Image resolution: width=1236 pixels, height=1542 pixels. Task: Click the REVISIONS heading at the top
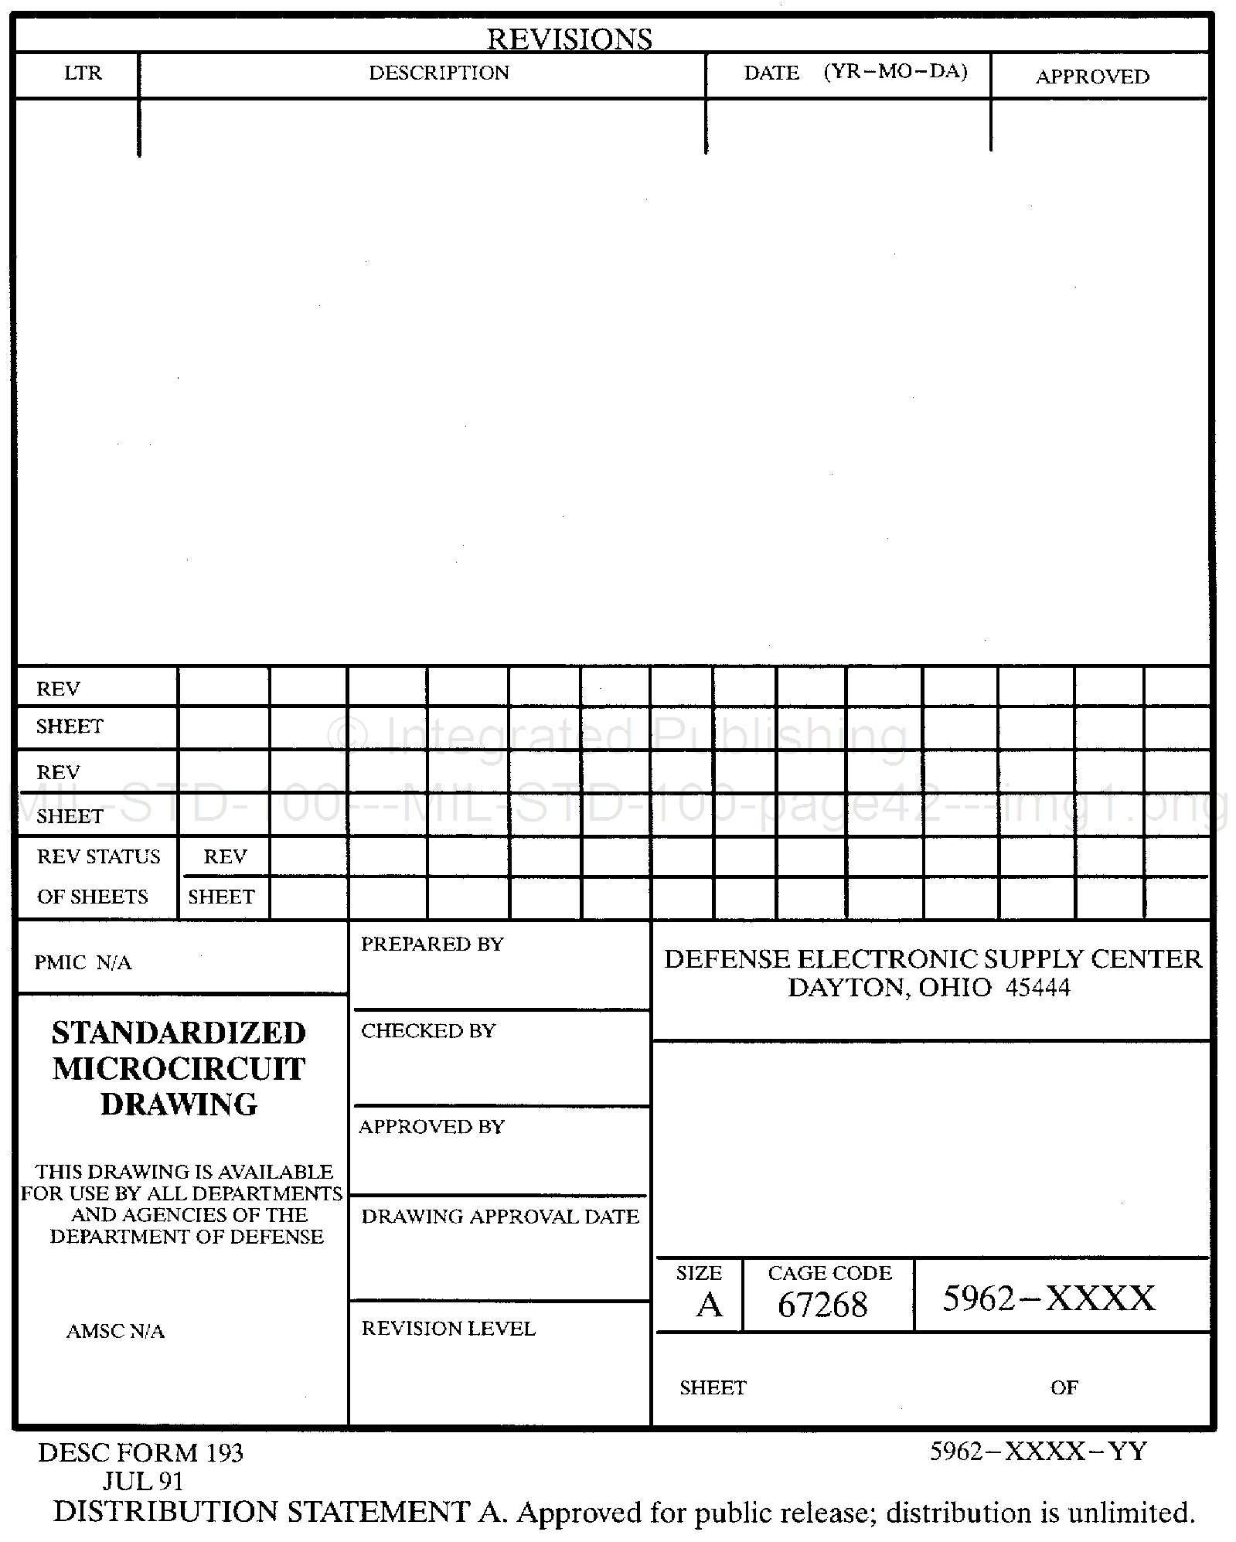[569, 39]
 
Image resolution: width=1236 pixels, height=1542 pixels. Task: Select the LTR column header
[83, 73]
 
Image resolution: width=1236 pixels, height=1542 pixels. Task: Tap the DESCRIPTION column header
[439, 73]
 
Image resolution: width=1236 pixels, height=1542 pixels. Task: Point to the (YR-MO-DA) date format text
[895, 72]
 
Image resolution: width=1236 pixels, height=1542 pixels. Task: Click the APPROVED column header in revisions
[1092, 77]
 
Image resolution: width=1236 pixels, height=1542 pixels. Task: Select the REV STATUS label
[98, 856]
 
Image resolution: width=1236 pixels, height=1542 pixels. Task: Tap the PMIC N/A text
[83, 962]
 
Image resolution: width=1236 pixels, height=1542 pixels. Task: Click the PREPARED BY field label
[432, 944]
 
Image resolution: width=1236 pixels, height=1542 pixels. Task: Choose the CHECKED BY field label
[428, 1030]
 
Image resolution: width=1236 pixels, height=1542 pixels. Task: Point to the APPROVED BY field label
[431, 1126]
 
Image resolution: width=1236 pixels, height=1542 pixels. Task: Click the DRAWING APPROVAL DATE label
[500, 1216]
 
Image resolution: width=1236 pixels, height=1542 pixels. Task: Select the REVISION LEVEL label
[448, 1328]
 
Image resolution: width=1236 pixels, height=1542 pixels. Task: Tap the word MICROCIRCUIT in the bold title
[179, 1069]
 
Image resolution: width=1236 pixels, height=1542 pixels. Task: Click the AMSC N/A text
[115, 1331]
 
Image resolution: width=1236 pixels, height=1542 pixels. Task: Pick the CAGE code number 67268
[822, 1305]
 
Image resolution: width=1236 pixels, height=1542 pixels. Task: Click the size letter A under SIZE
[709, 1305]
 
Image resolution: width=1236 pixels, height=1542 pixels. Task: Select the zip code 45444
[1037, 988]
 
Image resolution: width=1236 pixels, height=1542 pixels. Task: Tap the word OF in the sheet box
[1064, 1387]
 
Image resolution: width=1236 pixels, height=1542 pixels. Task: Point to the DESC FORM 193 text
[141, 1453]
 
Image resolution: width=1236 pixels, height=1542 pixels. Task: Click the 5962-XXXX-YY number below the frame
[1038, 1452]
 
